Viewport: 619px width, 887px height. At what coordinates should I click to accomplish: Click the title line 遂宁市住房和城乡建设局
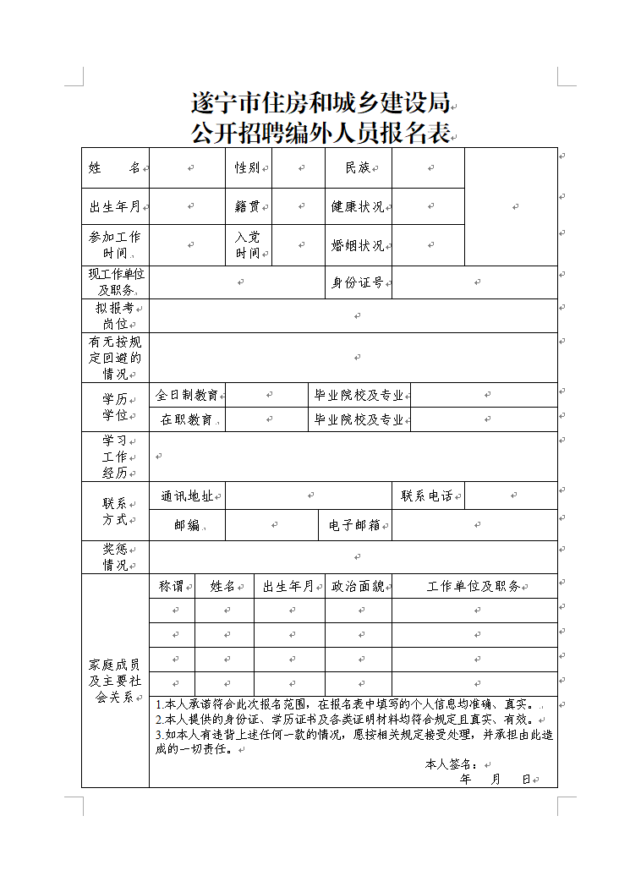pyautogui.click(x=320, y=103)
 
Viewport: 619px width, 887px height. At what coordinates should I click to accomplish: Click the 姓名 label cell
pyautogui.click(x=114, y=168)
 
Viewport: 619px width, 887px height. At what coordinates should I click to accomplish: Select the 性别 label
pyautogui.click(x=247, y=168)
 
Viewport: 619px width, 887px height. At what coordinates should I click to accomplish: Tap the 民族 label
pyautogui.click(x=358, y=168)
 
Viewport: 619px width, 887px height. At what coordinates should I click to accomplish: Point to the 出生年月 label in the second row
pyautogui.click(x=114, y=206)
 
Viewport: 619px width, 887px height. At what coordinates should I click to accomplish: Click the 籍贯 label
pyautogui.click(x=247, y=206)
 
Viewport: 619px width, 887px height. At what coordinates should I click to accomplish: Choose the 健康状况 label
pyautogui.click(x=358, y=206)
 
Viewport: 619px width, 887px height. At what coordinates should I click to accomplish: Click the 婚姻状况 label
pyautogui.click(x=358, y=245)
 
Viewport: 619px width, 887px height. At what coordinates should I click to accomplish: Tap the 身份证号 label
pyautogui.click(x=358, y=282)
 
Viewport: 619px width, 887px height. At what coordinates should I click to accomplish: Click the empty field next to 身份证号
pyautogui.click(x=474, y=282)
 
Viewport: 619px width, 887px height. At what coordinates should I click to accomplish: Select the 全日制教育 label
pyautogui.click(x=187, y=395)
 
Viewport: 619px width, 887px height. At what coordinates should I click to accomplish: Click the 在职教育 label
pyautogui.click(x=187, y=419)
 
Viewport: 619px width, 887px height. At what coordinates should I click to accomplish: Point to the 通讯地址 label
pyautogui.click(x=187, y=496)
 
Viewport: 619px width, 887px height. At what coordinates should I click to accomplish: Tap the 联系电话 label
pyautogui.click(x=427, y=496)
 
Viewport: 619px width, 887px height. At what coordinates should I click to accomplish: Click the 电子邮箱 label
pyautogui.click(x=355, y=525)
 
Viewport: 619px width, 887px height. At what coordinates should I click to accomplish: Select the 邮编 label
pyautogui.click(x=187, y=525)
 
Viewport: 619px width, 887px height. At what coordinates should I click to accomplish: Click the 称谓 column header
pyautogui.click(x=172, y=586)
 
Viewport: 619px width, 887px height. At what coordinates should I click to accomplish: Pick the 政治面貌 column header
pyautogui.click(x=358, y=586)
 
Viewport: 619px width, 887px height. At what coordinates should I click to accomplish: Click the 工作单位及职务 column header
pyautogui.click(x=474, y=586)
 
